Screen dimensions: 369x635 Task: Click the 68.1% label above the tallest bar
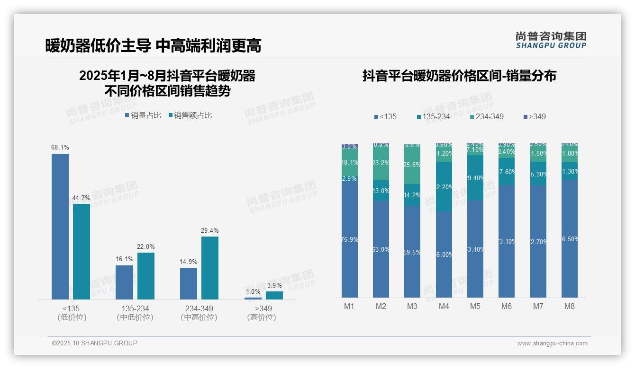tap(60, 148)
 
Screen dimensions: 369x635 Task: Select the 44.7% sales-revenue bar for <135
tap(82, 251)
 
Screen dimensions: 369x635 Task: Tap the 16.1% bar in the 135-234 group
tap(125, 282)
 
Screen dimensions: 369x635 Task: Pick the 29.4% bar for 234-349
tap(210, 268)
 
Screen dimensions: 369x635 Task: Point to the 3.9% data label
tap(274, 286)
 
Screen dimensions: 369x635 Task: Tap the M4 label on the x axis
tap(444, 306)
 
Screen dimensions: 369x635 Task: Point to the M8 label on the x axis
tap(570, 306)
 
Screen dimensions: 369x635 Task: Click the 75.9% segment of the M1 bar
tap(349, 240)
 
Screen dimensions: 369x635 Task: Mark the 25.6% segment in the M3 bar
tap(412, 165)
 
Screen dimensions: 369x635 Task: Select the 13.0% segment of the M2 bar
tap(381, 191)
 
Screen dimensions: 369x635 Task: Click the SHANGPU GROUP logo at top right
tap(551, 40)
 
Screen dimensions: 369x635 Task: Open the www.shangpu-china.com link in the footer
tap(552, 343)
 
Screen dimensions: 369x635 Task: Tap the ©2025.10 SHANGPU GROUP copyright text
tap(95, 343)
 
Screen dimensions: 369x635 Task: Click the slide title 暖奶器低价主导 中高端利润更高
tap(153, 46)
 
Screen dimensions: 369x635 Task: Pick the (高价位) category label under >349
tap(262, 317)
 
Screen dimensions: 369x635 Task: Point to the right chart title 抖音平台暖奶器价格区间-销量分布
tap(459, 76)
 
